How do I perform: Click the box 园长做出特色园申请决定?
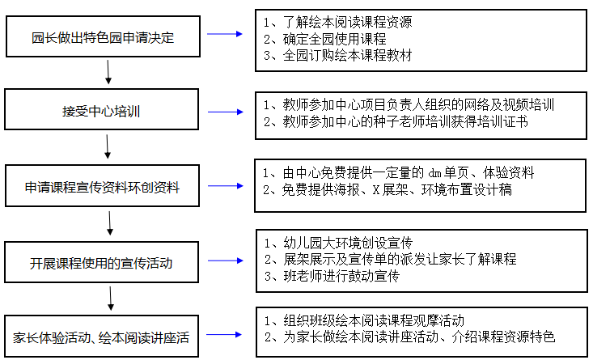(x=103, y=36)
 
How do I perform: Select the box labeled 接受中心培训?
(x=101, y=109)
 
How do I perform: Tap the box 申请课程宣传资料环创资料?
(x=102, y=186)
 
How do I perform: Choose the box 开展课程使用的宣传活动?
(x=101, y=262)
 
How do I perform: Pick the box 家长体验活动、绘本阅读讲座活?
(x=101, y=337)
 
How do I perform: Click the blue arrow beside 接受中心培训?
(x=226, y=112)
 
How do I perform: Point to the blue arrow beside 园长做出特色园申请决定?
(x=225, y=34)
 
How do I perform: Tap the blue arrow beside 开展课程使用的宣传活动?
(x=226, y=260)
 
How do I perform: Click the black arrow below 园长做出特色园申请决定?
(x=108, y=72)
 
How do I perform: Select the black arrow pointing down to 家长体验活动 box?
(x=111, y=299)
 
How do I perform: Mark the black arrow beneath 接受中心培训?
(x=108, y=146)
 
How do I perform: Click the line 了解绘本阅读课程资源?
(x=337, y=23)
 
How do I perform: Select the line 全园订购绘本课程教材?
(x=337, y=56)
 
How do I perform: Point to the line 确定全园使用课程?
(x=325, y=39)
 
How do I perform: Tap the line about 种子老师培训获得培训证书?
(x=396, y=121)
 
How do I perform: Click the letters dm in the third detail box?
(x=434, y=173)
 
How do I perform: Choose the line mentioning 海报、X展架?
(x=388, y=189)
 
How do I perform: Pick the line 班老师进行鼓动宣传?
(x=332, y=276)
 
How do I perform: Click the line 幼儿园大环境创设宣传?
(x=338, y=243)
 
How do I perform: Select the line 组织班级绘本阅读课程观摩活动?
(x=364, y=320)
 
